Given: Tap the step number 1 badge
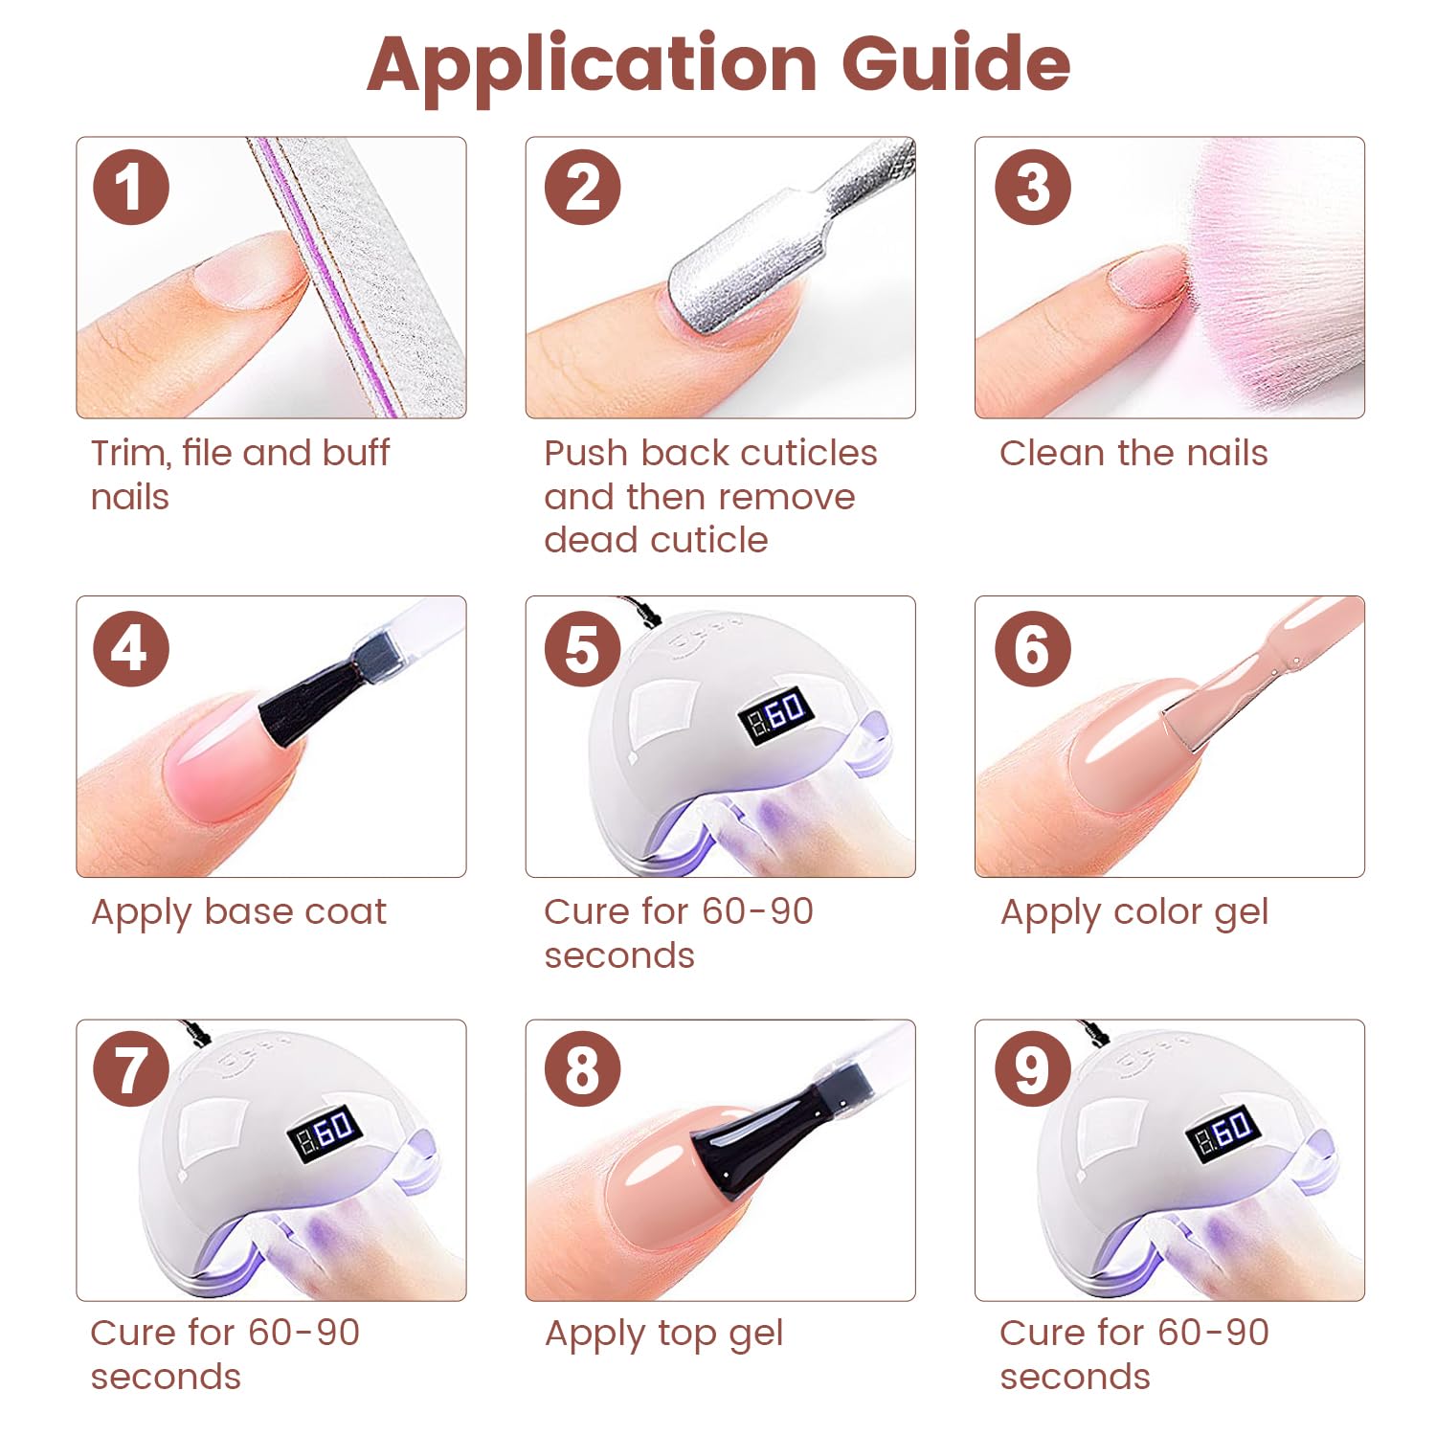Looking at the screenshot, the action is click(x=131, y=187).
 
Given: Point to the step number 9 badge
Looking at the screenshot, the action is click(x=1032, y=1069).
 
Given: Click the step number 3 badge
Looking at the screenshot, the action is click(x=1032, y=187).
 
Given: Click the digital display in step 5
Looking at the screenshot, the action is click(x=778, y=715).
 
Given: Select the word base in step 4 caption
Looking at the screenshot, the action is click(x=247, y=911).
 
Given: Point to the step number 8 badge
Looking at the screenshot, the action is click(x=582, y=1069).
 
